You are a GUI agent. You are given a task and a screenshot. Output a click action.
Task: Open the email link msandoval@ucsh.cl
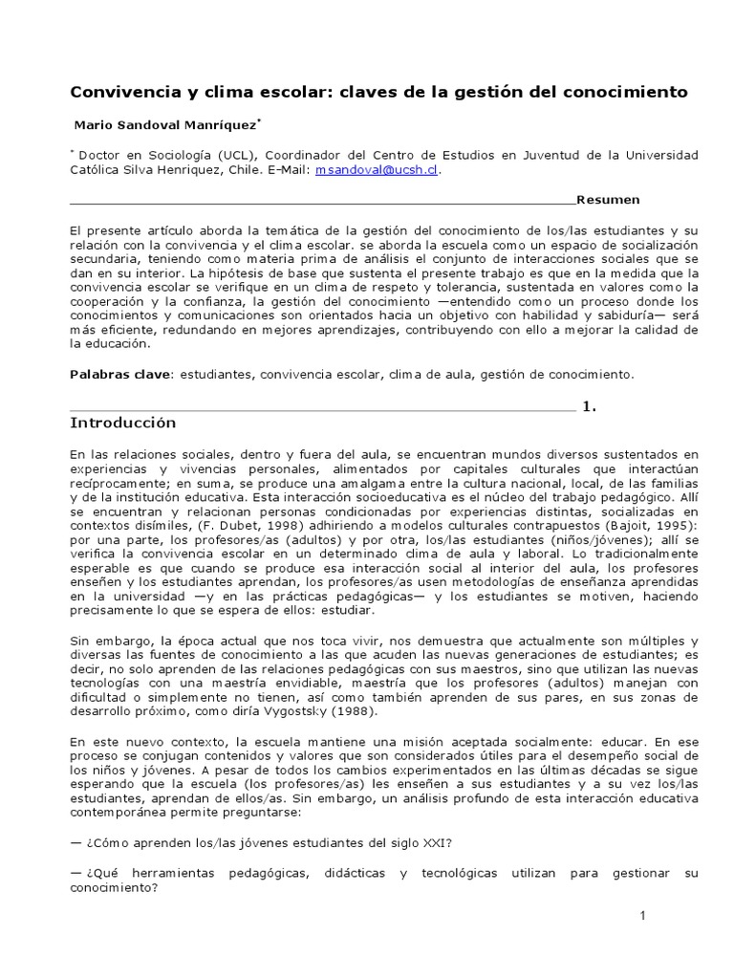378,169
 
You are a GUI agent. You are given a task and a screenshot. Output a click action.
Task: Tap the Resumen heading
608,199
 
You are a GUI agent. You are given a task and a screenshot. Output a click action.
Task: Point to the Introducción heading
123,422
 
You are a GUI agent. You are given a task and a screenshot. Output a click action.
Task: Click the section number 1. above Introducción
589,406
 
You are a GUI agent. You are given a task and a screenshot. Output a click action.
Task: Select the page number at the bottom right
643,916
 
